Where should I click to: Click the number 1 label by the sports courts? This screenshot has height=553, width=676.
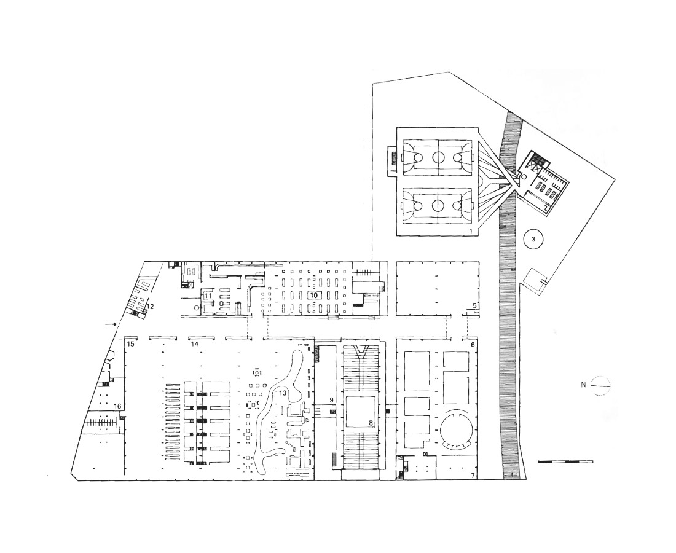[x=471, y=232]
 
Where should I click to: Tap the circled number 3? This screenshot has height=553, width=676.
[x=533, y=239]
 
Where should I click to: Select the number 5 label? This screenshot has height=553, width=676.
[x=474, y=305]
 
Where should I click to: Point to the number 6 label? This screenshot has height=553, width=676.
[x=473, y=345]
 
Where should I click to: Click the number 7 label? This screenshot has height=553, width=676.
[x=473, y=476]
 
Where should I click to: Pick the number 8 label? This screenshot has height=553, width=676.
[x=371, y=423]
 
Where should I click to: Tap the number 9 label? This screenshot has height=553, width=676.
[x=331, y=400]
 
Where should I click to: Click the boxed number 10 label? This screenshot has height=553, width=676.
[x=314, y=296]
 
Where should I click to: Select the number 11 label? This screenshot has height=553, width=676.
[x=208, y=296]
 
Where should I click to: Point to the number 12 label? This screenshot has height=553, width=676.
[x=150, y=307]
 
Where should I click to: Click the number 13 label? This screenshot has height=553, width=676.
[x=283, y=393]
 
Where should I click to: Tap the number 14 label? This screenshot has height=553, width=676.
[x=194, y=344]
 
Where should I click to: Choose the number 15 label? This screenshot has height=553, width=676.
[x=131, y=344]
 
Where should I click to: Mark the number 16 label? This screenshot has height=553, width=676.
[x=117, y=406]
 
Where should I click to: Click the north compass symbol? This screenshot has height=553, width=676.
[x=600, y=385]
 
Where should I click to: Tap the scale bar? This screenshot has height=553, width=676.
[x=565, y=461]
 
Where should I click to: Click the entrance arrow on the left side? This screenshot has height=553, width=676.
[x=111, y=324]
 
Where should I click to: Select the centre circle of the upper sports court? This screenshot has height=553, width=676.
[x=438, y=157]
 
